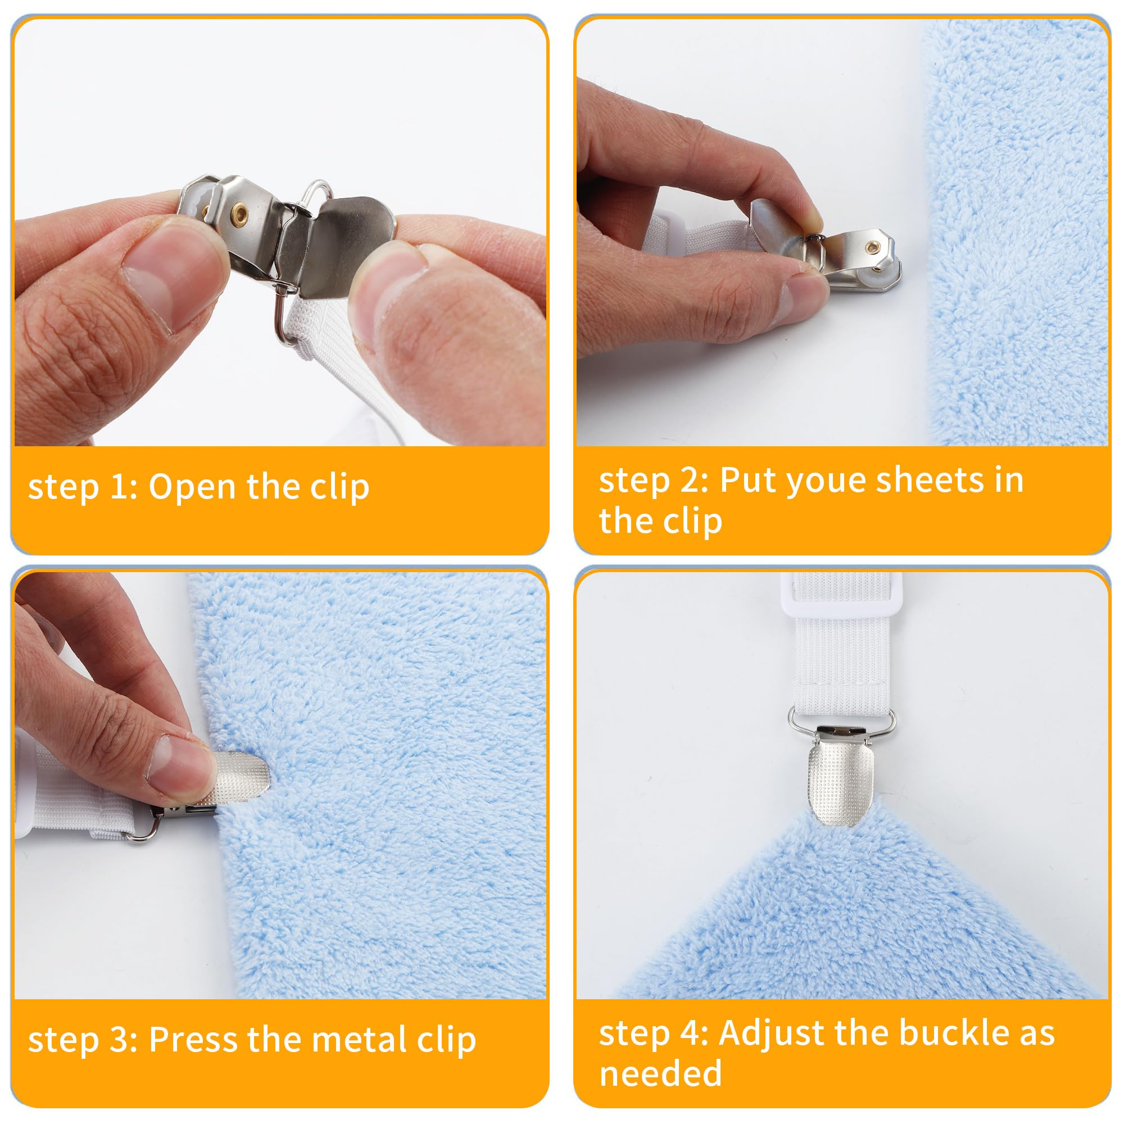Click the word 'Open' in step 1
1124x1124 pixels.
tap(193, 487)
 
